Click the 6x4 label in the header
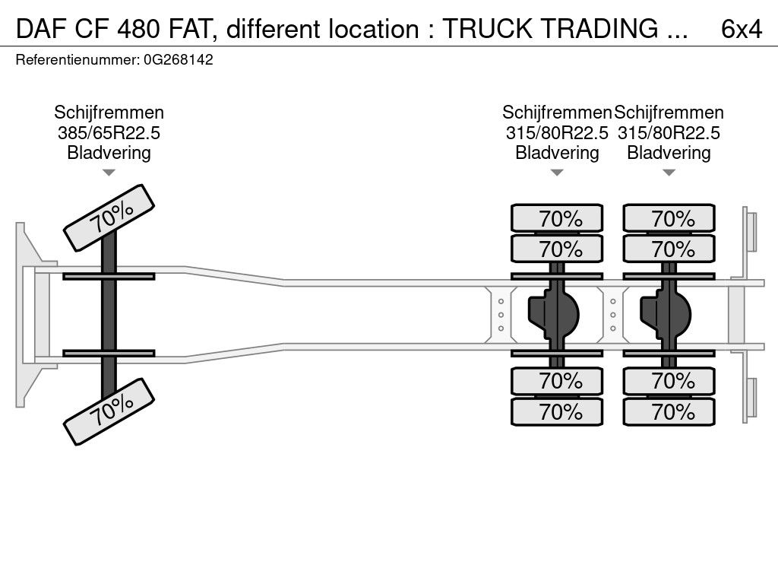(742, 30)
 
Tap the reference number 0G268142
(179, 60)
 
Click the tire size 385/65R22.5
(109, 133)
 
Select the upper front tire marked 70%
(109, 218)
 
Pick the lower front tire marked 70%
(109, 411)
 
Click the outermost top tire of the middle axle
(557, 218)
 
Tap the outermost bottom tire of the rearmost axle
(669, 411)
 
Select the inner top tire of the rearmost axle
(669, 249)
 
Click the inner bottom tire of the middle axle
(557, 381)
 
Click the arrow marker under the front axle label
(109, 173)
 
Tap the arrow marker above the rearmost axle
(669, 173)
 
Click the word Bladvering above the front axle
(109, 153)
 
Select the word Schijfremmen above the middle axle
(557, 113)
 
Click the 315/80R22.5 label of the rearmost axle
(669, 133)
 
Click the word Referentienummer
(77, 60)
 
